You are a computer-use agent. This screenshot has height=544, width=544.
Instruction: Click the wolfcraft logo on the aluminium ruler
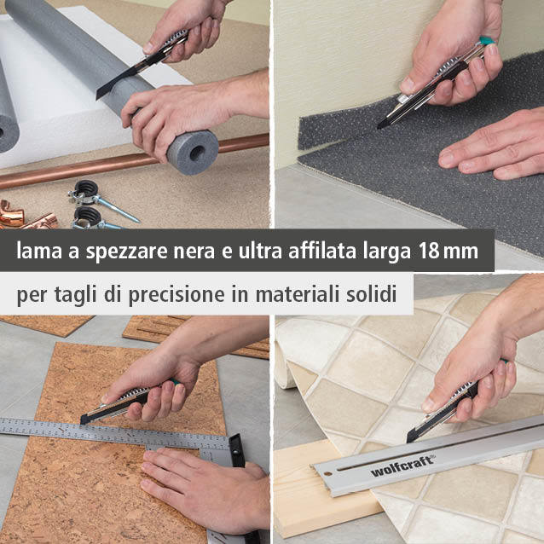402,466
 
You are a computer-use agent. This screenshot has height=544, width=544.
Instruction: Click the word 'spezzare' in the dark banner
127,252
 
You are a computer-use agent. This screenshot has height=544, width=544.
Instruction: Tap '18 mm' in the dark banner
449,251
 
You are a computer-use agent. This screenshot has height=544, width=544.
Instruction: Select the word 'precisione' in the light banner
177,295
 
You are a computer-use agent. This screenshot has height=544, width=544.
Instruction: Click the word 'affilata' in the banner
322,250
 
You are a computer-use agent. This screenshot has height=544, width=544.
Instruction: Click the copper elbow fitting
11,213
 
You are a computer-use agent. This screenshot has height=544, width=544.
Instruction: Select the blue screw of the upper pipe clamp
118,209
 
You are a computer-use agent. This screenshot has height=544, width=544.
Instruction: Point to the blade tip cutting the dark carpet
379,127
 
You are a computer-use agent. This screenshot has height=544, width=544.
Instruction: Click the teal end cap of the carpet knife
487,41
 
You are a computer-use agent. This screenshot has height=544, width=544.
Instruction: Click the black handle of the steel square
236,451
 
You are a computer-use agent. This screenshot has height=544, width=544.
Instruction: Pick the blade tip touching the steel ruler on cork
82,421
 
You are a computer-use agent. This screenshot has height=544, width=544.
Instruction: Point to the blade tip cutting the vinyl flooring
408,440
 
